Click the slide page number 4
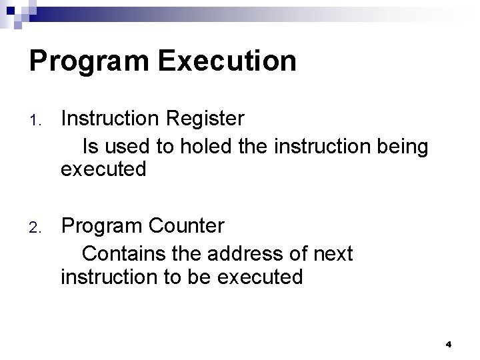(x=449, y=344)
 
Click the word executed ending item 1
(x=103, y=169)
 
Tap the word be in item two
(x=197, y=276)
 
